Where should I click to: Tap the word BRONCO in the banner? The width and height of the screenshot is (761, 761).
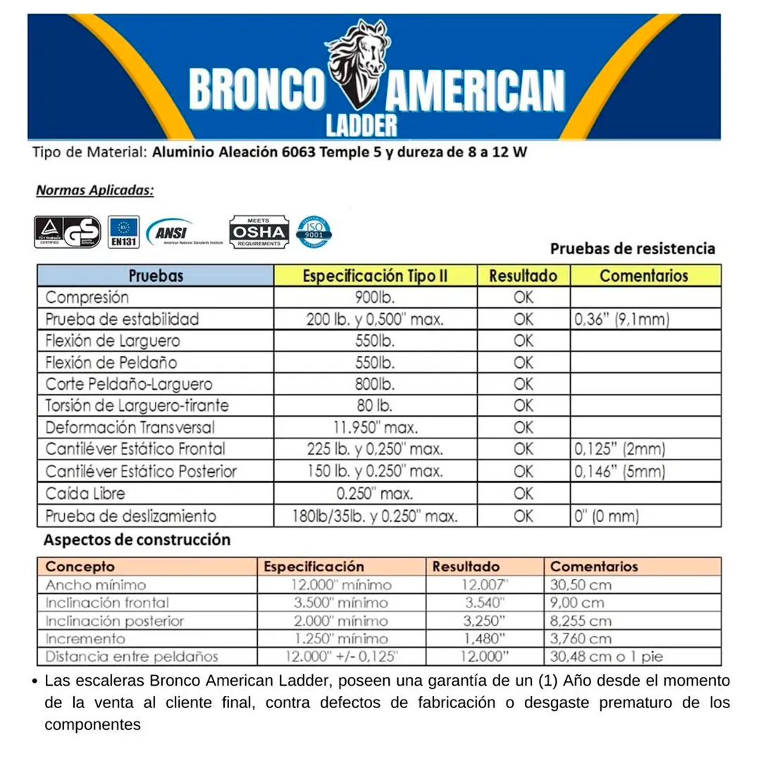pyautogui.click(x=256, y=90)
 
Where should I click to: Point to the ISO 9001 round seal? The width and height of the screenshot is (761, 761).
pyautogui.click(x=314, y=231)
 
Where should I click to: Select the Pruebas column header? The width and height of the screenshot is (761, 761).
pyautogui.click(x=156, y=276)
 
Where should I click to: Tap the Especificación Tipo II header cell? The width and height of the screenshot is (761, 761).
pyautogui.click(x=375, y=276)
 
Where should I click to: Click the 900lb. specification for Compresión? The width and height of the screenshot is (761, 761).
pyautogui.click(x=375, y=297)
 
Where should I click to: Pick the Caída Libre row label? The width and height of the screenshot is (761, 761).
pyautogui.click(x=85, y=493)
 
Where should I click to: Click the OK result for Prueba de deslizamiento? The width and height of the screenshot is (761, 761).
pyautogui.click(x=524, y=516)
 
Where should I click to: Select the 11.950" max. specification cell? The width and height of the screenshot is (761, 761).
pyautogui.click(x=375, y=428)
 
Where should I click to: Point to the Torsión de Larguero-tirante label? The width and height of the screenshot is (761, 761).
pyautogui.click(x=137, y=406)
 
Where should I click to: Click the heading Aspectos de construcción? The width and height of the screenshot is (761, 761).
pyautogui.click(x=137, y=540)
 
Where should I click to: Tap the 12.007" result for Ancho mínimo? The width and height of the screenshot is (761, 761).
pyautogui.click(x=485, y=585)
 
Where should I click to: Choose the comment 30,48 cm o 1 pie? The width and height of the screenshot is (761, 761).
pyautogui.click(x=606, y=657)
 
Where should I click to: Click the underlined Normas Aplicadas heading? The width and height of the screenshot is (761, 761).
pyautogui.click(x=94, y=190)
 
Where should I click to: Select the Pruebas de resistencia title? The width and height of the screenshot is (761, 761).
pyautogui.click(x=632, y=249)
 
